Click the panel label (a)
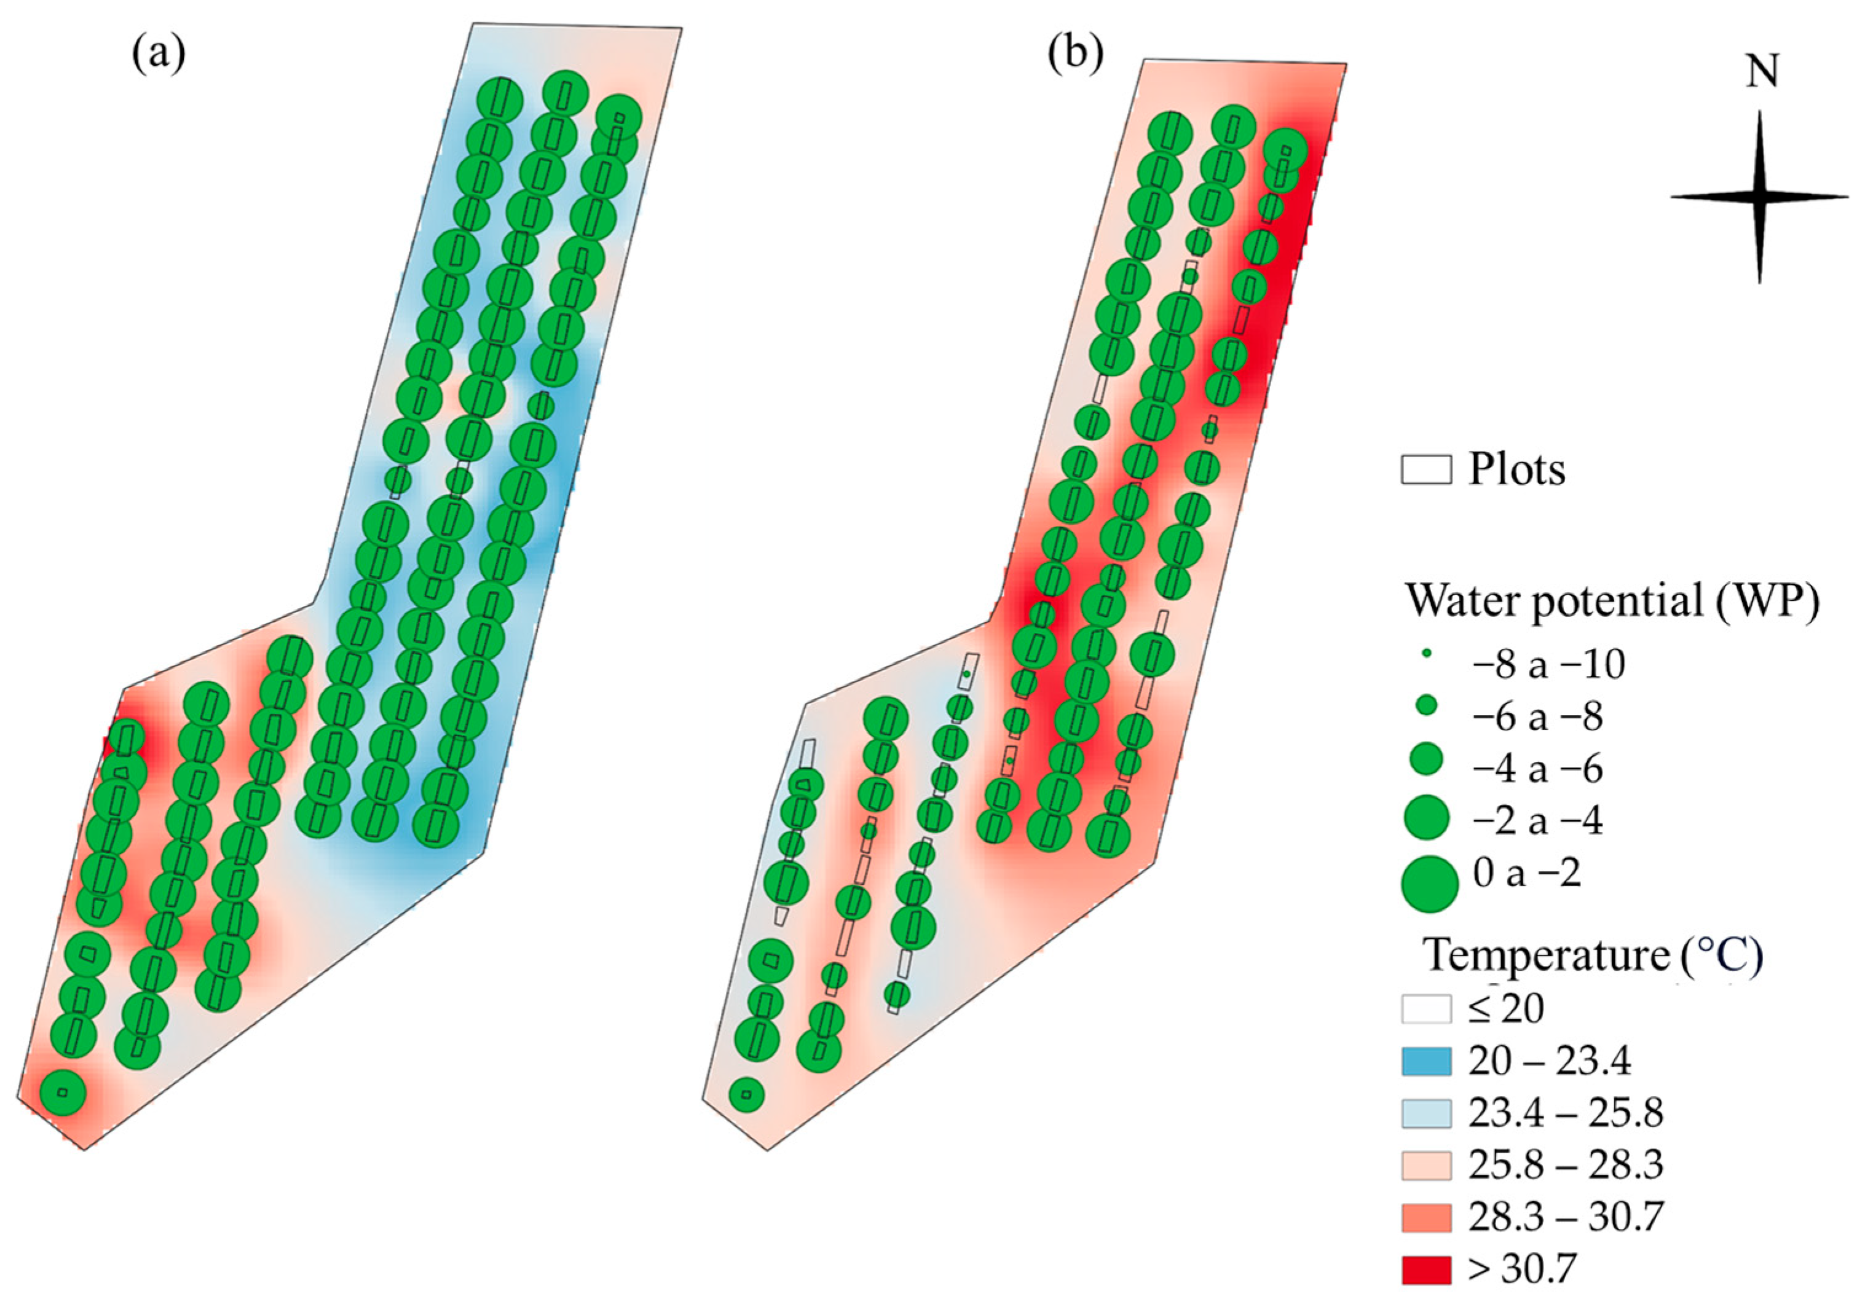(159, 55)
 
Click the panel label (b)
(1076, 55)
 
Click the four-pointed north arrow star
(1759, 197)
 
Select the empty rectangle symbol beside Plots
(1425, 470)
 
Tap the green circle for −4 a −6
(1425, 759)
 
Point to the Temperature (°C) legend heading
(1592, 954)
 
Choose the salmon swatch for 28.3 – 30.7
(1425, 1217)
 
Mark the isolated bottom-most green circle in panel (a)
(63, 1092)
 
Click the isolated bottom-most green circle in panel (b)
(746, 1096)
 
